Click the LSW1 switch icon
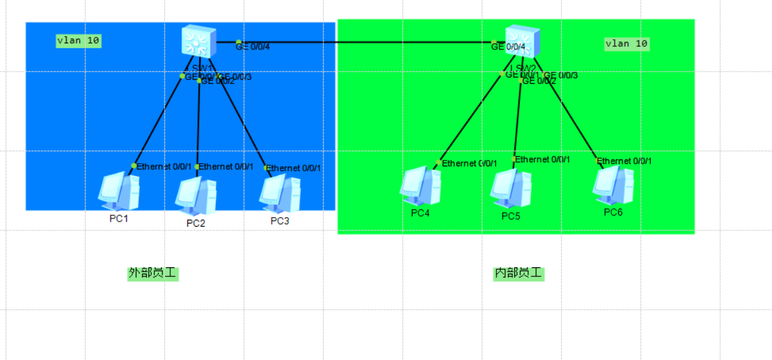tap(197, 42)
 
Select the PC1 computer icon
tap(119, 191)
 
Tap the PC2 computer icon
tap(195, 196)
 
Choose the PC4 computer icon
tap(420, 186)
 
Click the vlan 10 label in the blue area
tap(78, 41)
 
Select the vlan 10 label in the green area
tap(627, 43)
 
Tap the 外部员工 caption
tap(152, 274)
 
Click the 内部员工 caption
tap(519, 274)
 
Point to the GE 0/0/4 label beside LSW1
tap(253, 46)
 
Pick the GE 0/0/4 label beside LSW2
tap(509, 46)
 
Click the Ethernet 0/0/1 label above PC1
tap(164, 166)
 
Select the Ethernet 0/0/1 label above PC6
tap(625, 161)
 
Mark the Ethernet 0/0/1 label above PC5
tap(543, 159)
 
